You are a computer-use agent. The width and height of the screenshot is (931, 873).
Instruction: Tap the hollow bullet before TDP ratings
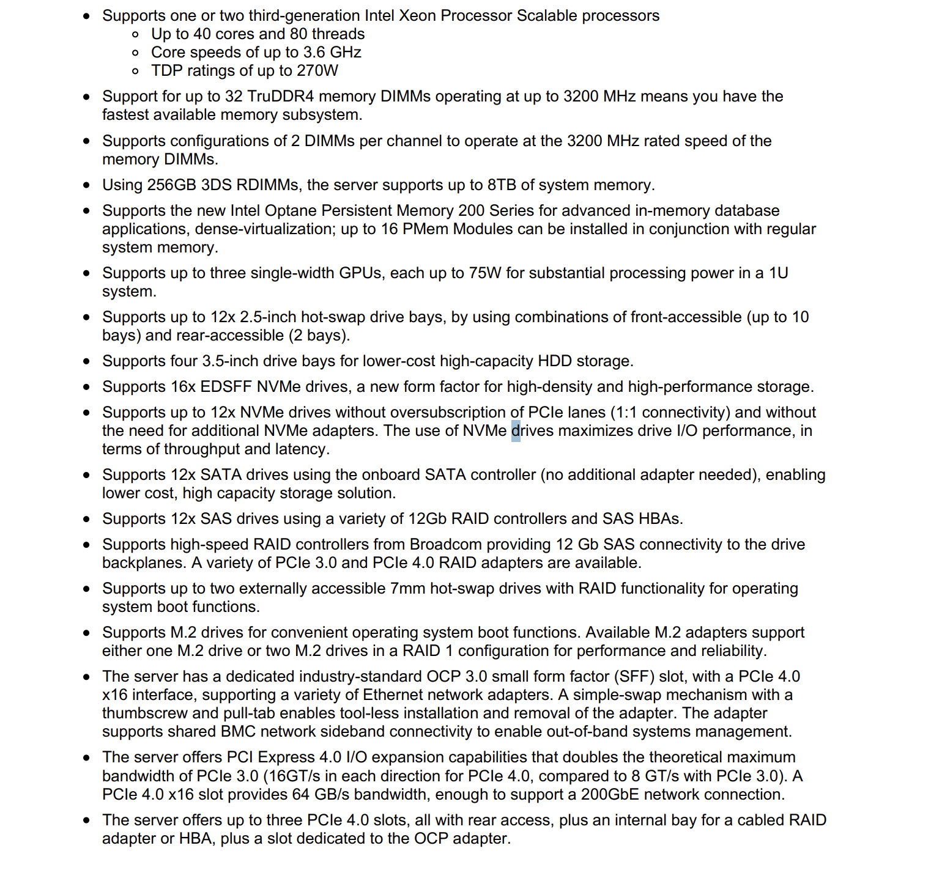(136, 71)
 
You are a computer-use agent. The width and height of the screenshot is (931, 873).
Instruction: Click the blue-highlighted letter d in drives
(516, 430)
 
